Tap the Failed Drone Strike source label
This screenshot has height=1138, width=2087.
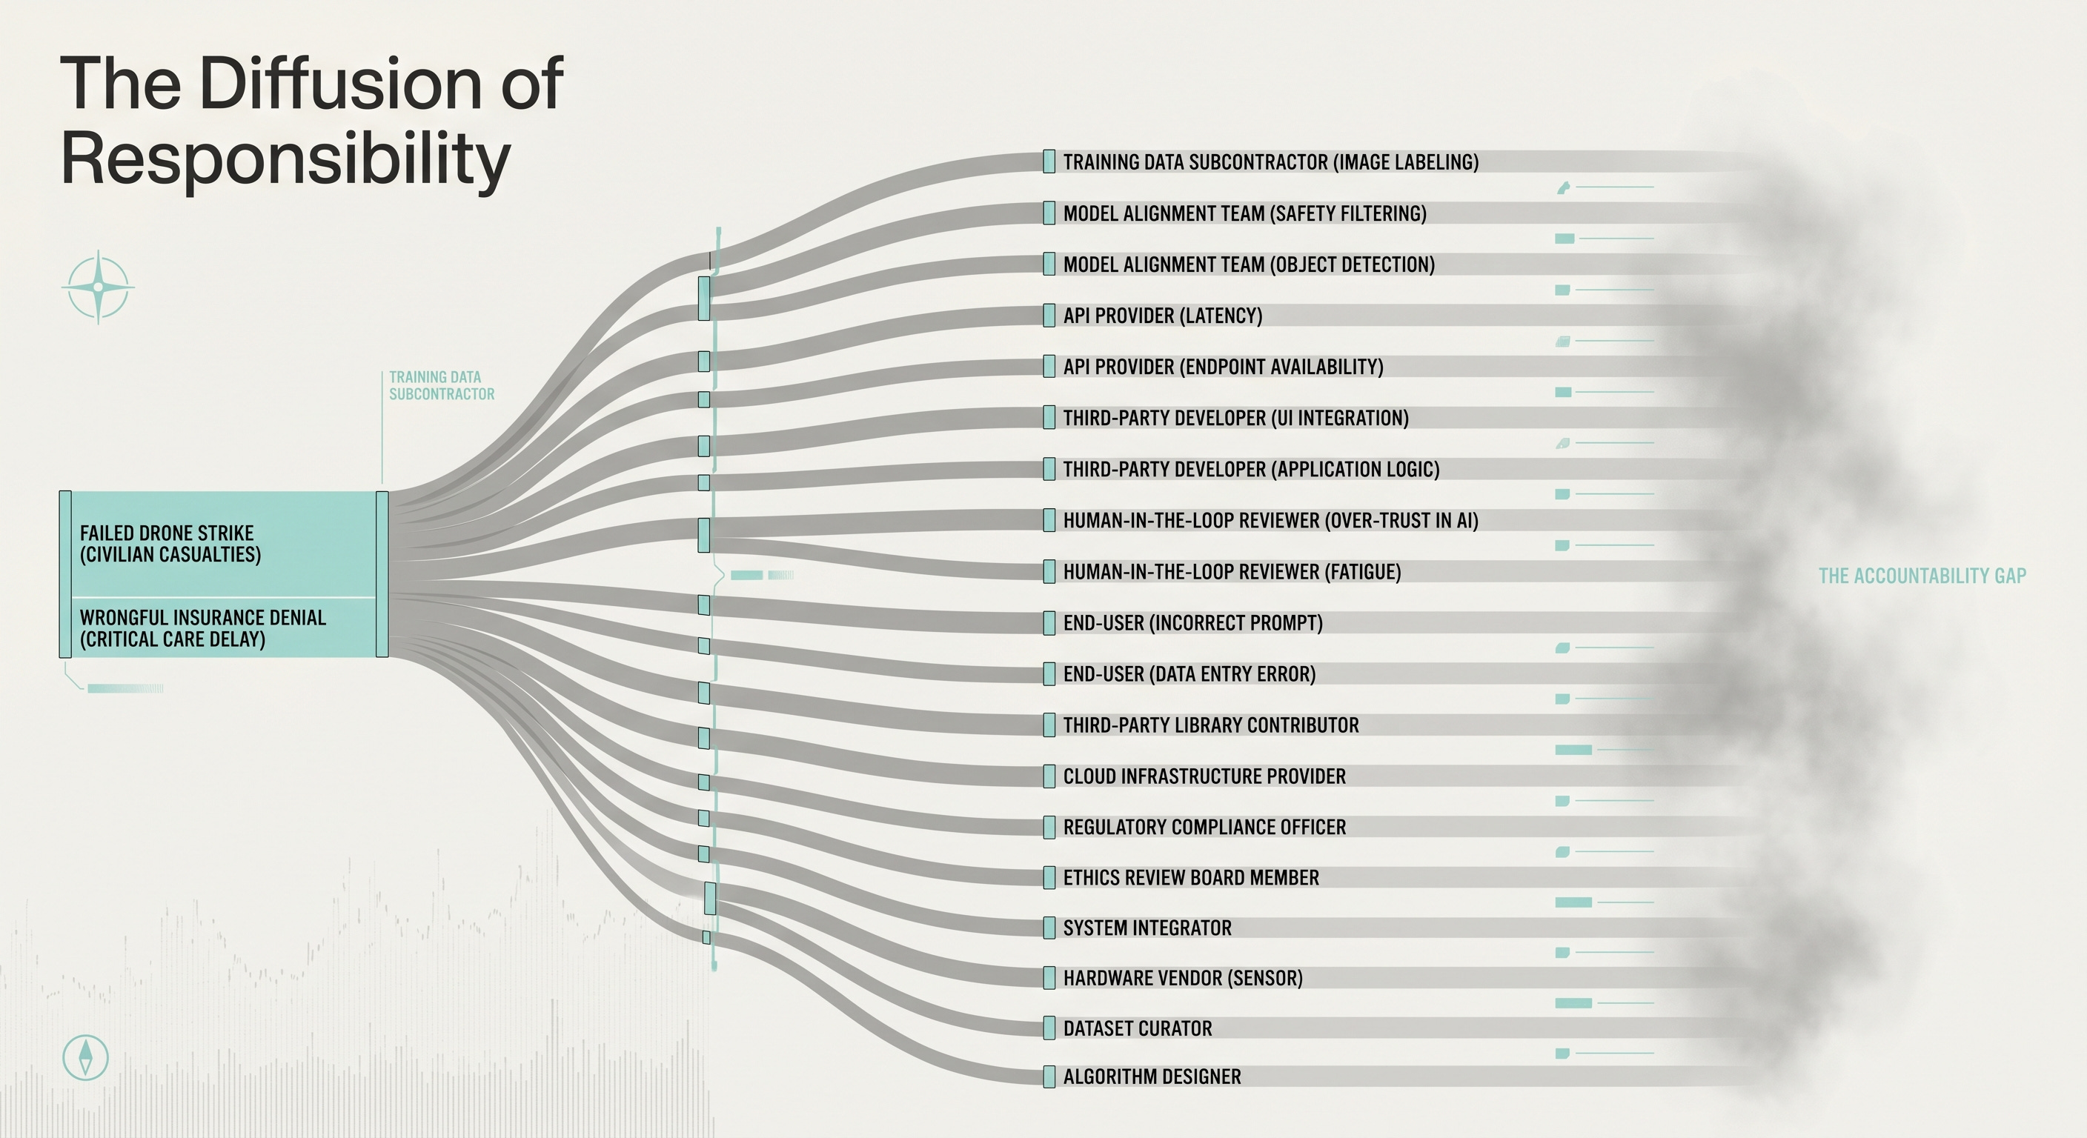point(170,544)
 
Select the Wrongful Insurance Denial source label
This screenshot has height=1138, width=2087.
point(202,628)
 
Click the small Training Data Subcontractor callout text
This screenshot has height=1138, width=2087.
point(442,385)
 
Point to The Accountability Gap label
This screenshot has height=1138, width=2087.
point(1922,576)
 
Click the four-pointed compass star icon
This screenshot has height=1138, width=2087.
point(98,287)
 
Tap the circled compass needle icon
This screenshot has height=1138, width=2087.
point(85,1057)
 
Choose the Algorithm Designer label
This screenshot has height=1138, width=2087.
point(1151,1077)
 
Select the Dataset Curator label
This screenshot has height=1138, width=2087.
point(1138,1028)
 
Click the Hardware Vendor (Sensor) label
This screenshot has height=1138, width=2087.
point(1183,979)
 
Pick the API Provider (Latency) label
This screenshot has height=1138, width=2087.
point(1163,316)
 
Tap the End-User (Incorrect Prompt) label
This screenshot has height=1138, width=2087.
point(1192,623)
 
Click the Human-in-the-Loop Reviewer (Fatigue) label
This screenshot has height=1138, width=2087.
point(1232,572)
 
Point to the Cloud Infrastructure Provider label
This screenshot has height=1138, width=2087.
point(1204,776)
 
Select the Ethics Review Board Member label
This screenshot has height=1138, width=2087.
point(1191,878)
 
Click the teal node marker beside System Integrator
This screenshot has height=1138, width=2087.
point(1049,928)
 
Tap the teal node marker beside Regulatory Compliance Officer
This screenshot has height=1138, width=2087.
point(1049,827)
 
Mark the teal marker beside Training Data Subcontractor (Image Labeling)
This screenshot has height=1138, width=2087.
point(1049,162)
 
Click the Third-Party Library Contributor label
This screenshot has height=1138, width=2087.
point(1210,725)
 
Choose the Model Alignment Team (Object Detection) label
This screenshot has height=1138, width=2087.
point(1249,264)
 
